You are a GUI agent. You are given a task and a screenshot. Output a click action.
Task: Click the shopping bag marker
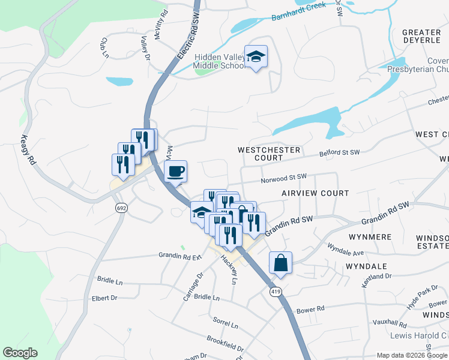click(x=281, y=263)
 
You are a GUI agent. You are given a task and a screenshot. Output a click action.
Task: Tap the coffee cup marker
click(x=176, y=172)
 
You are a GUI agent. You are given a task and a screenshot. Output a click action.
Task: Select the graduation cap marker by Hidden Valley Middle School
click(x=256, y=57)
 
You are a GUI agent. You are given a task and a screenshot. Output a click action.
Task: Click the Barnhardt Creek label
click(x=298, y=11)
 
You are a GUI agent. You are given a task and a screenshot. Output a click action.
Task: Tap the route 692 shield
click(x=122, y=208)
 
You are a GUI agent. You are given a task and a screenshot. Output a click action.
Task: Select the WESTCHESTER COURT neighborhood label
click(x=261, y=154)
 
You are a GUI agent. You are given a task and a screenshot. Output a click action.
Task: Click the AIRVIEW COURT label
click(x=315, y=193)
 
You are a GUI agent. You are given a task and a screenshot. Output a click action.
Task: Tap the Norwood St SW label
click(x=284, y=178)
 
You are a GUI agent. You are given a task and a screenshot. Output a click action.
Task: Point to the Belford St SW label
click(x=339, y=154)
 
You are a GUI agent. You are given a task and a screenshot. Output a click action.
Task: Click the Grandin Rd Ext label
click(x=179, y=256)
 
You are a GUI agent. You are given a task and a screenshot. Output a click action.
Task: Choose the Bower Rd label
click(x=310, y=310)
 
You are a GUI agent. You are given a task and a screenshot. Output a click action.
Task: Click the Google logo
click(x=20, y=353)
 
